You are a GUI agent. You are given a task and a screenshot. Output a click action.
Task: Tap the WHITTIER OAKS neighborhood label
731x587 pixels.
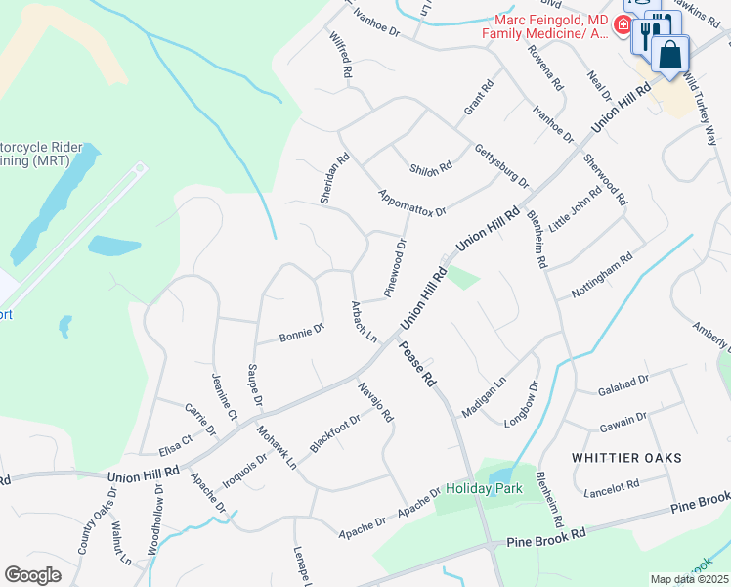click(626, 458)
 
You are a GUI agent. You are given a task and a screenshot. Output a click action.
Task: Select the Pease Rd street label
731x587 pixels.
click(416, 364)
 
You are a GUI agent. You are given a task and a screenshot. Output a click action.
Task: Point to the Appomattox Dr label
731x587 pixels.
click(411, 203)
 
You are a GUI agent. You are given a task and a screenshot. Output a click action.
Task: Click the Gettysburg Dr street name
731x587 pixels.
click(500, 166)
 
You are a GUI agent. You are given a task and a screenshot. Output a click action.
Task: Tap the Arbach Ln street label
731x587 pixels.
click(364, 322)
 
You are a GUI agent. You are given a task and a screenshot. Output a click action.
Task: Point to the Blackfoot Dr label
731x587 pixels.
click(334, 431)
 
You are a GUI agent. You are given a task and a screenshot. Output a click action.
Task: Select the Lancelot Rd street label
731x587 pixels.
click(612, 486)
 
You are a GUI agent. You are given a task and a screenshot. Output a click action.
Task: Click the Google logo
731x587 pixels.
click(33, 575)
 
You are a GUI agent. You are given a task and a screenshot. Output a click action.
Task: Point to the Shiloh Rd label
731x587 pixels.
click(431, 167)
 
